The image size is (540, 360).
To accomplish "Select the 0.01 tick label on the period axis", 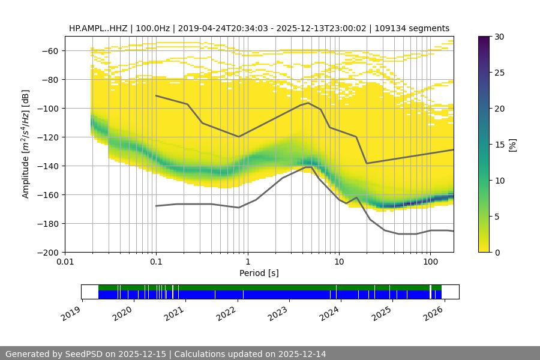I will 65,262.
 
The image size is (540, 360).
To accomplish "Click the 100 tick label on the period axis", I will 430,262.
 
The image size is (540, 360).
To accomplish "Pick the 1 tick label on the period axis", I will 247,262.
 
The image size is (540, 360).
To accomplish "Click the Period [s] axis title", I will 259,273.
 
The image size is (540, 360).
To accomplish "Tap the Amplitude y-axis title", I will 25,144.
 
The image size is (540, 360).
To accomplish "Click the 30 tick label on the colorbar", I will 499,37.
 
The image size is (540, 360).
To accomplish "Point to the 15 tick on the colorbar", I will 499,145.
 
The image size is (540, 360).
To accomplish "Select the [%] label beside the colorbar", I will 512,145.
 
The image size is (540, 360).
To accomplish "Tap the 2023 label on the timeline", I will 278,313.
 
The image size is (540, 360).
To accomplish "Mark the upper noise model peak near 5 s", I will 308,103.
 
